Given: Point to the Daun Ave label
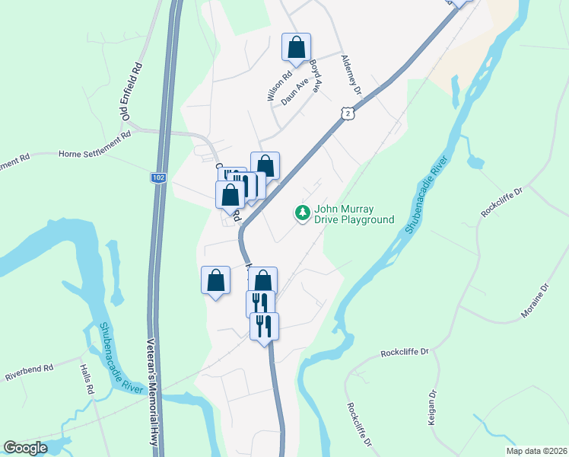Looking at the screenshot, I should pyautogui.click(x=297, y=94).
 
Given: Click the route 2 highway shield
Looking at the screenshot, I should pyautogui.click(x=348, y=113).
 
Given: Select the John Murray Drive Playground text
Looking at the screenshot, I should pyautogui.click(x=355, y=214).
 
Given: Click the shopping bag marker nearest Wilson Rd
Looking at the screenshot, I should pyautogui.click(x=295, y=48).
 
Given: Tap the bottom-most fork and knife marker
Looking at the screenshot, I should pyautogui.click(x=264, y=327).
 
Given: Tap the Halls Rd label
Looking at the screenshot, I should pyautogui.click(x=86, y=379).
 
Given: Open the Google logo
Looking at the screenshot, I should pyautogui.click(x=24, y=448).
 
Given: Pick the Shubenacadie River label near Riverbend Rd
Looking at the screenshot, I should pyautogui.click(x=119, y=358).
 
